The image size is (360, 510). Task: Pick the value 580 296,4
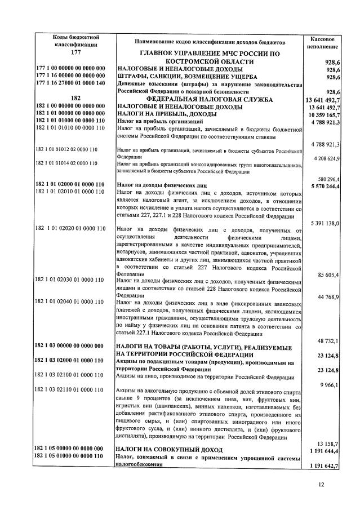[328, 178]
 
